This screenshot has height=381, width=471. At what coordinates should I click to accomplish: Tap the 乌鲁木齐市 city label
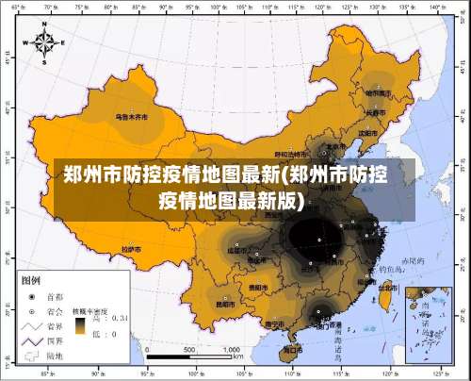coord(131,118)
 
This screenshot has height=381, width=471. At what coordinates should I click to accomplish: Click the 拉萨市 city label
coord(131,249)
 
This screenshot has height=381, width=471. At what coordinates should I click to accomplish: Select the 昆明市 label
coord(225,305)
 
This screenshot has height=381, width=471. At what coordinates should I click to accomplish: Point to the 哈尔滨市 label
coord(378,92)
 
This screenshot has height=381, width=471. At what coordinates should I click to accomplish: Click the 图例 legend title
coord(30,280)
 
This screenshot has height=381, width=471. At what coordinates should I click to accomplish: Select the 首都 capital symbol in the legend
coord(31,295)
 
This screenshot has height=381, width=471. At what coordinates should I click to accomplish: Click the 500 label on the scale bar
coord(189,349)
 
